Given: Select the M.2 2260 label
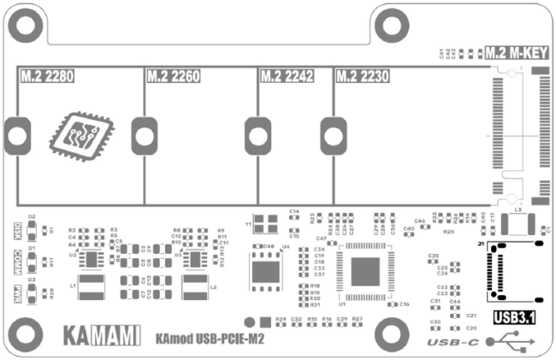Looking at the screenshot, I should click(x=174, y=77).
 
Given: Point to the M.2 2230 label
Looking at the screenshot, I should click(x=364, y=77).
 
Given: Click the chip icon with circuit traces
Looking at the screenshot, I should click(x=79, y=133).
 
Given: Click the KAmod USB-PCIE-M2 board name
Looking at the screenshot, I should click(x=210, y=339).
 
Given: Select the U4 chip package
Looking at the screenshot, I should click(x=264, y=271).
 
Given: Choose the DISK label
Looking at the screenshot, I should click(x=18, y=230).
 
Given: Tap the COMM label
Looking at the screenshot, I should click(x=18, y=261).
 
